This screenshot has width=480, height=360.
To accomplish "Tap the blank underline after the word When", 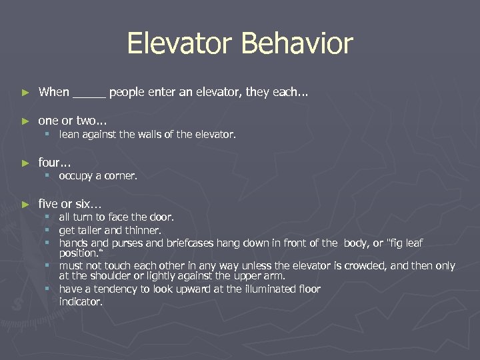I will pos(89,93).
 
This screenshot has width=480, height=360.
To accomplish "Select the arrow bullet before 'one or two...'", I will pos(25,121).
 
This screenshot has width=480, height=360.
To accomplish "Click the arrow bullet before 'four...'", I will pos(25,163).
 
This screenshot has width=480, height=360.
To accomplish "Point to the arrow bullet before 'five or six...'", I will pos(25,205).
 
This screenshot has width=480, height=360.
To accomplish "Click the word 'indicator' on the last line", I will pos(81,301).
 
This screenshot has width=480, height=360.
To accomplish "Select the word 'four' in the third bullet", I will pos(50,163).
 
